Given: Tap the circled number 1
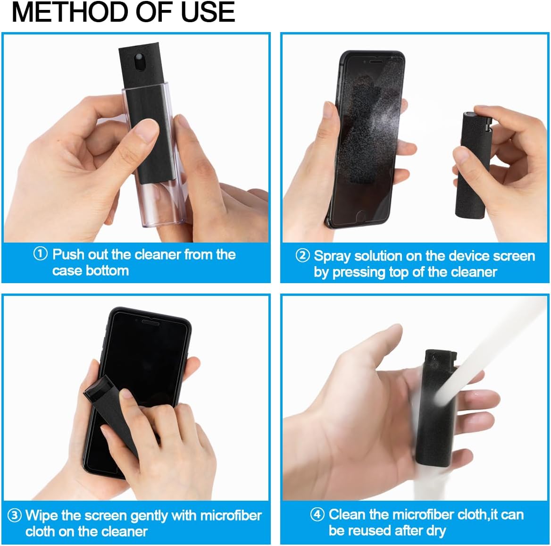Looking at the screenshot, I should pos(41,254).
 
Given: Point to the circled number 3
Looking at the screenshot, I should pos(15,515).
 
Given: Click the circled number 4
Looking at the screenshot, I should pos(317,514).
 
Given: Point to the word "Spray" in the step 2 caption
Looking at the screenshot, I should pos(333,256).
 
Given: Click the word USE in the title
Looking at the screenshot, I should pos(208,12).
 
